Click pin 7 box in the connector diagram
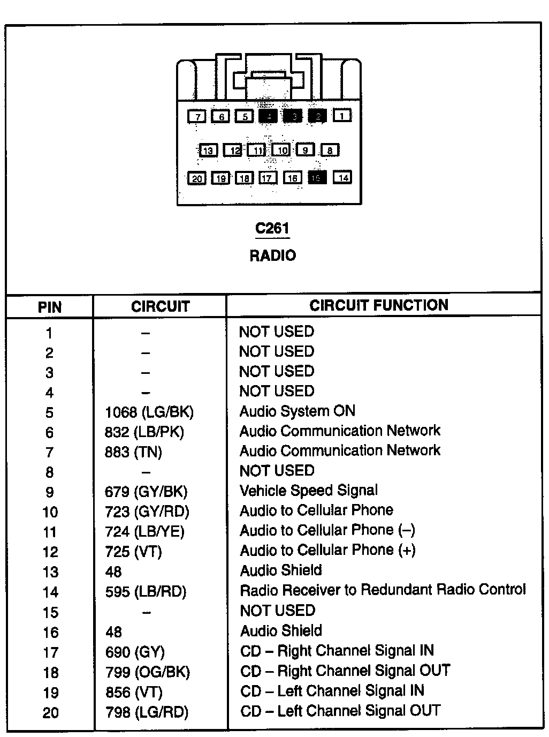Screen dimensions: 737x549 pyautogui.click(x=197, y=116)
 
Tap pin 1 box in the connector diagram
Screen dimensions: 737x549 pyautogui.click(x=342, y=115)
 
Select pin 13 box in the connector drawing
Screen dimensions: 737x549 pyautogui.click(x=208, y=151)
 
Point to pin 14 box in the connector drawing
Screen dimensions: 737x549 pyautogui.click(x=343, y=177)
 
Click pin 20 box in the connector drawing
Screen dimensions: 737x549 pyautogui.click(x=197, y=178)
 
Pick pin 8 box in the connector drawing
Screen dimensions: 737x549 pyautogui.click(x=330, y=151)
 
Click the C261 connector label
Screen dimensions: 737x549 pyautogui.click(x=272, y=229)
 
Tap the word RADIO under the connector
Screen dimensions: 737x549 pyautogui.click(x=272, y=255)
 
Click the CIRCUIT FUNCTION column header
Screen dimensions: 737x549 pyautogui.click(x=379, y=305)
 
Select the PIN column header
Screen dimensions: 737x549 pyautogui.click(x=50, y=307)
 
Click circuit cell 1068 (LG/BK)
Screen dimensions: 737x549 pyautogui.click(x=149, y=412)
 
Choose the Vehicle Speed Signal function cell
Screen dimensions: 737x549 pyautogui.click(x=309, y=491)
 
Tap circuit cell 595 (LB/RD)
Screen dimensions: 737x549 pyautogui.click(x=146, y=592)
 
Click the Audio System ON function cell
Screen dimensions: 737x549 pyautogui.click(x=298, y=411)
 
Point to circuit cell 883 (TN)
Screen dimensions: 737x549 pyautogui.click(x=133, y=452)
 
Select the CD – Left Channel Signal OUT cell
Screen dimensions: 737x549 pyautogui.click(x=340, y=711)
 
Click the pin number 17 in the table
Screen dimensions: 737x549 pyautogui.click(x=50, y=653)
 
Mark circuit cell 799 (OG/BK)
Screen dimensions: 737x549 pyautogui.click(x=148, y=672)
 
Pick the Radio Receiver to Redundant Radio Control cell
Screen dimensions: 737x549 pyautogui.click(x=383, y=590)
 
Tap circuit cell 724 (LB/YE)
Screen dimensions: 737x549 pyautogui.click(x=144, y=531)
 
